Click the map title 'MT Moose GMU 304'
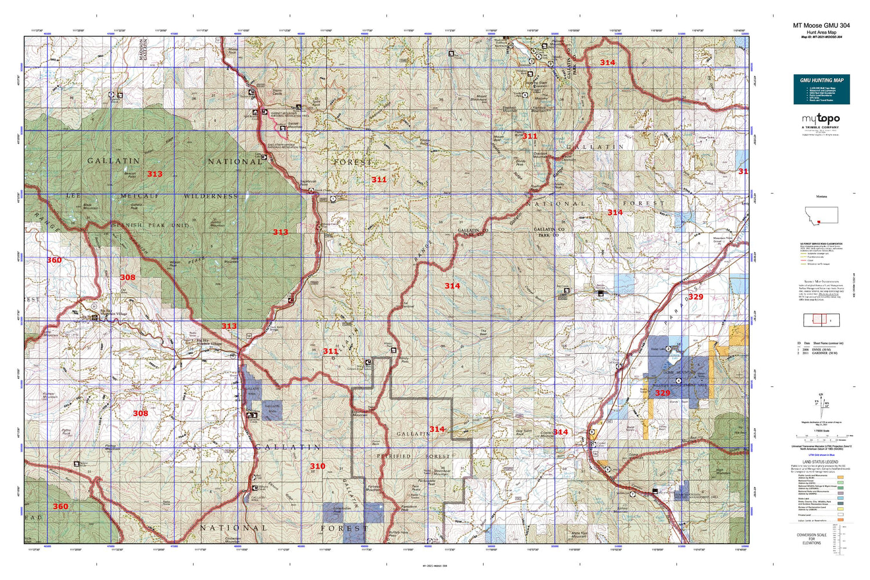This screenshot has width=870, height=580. (x=821, y=26)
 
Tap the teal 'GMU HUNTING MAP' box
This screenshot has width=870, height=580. (x=821, y=89)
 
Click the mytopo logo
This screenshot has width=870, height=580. (x=821, y=119)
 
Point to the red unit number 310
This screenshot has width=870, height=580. (x=317, y=466)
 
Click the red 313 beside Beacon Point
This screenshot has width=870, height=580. (x=155, y=174)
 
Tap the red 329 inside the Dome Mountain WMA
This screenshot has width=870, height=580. (x=662, y=393)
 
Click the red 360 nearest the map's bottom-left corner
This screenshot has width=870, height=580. (x=60, y=506)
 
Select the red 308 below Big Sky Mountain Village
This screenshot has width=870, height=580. (x=140, y=413)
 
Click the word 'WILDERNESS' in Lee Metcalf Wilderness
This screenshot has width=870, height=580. (x=211, y=197)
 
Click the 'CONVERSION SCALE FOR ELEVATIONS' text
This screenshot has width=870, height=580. (x=811, y=539)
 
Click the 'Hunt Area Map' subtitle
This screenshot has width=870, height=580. (x=821, y=32)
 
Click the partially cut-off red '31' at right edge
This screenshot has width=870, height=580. (x=743, y=172)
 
